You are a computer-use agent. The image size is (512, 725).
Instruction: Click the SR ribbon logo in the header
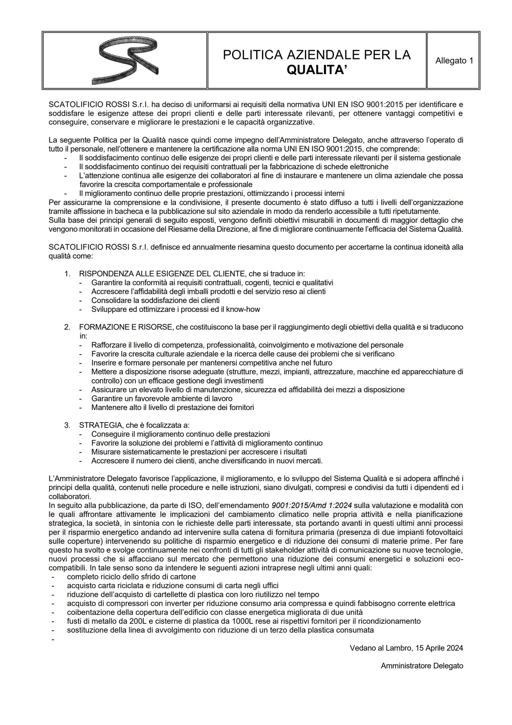coord(125,60)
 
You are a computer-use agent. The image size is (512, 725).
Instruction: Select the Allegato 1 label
coord(454,61)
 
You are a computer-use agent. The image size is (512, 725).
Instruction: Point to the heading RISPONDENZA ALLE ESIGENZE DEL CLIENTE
coord(162,274)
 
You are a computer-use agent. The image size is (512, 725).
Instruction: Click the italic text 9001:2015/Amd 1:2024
coord(312,506)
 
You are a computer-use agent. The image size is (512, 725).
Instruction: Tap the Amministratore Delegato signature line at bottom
coord(422,666)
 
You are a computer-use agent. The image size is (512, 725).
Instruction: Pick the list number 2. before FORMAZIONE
coord(67,327)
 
